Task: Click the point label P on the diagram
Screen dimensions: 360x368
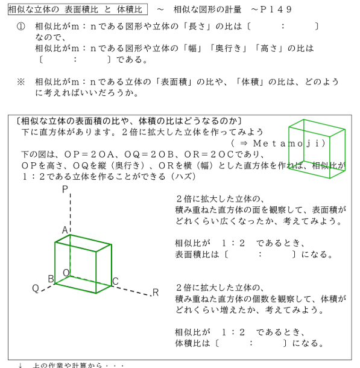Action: coord(65,189)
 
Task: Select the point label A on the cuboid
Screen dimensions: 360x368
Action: coord(65,230)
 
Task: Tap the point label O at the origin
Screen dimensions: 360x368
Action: coord(66,273)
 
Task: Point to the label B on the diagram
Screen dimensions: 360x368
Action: coord(51,279)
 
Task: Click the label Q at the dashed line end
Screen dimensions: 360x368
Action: coord(36,288)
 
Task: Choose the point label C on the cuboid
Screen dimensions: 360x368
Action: coord(115,281)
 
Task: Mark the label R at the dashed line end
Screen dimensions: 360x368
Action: coord(156,293)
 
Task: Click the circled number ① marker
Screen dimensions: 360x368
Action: coord(21,27)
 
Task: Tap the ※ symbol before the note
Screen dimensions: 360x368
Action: coord(21,82)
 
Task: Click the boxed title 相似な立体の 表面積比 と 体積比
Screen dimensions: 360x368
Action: coord(78,10)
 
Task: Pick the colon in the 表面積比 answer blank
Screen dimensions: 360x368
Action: coord(260,254)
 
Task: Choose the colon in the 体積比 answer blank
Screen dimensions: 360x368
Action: coord(251,343)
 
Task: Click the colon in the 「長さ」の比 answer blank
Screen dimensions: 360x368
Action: coord(283,27)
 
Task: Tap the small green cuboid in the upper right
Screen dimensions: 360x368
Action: coord(317,149)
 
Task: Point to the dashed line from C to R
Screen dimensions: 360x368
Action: coord(131,291)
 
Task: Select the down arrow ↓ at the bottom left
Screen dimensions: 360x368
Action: coord(21,365)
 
